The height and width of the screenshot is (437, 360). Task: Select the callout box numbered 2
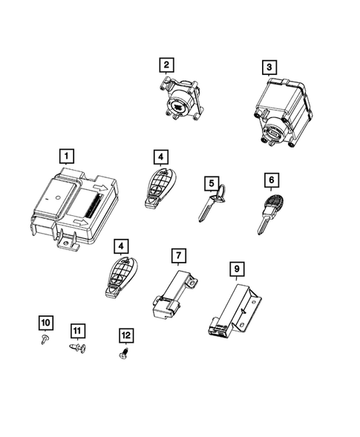coord(167,65)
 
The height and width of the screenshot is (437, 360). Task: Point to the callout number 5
coord(212,183)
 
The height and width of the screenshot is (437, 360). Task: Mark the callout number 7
coord(178,256)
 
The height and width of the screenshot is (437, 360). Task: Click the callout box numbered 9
coord(236,266)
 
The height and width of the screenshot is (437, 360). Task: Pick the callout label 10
coord(45,322)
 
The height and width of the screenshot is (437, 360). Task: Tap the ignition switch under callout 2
coord(180,100)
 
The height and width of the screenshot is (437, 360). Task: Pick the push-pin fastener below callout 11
coord(78,347)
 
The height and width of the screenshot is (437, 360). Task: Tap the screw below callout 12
coord(125,354)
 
